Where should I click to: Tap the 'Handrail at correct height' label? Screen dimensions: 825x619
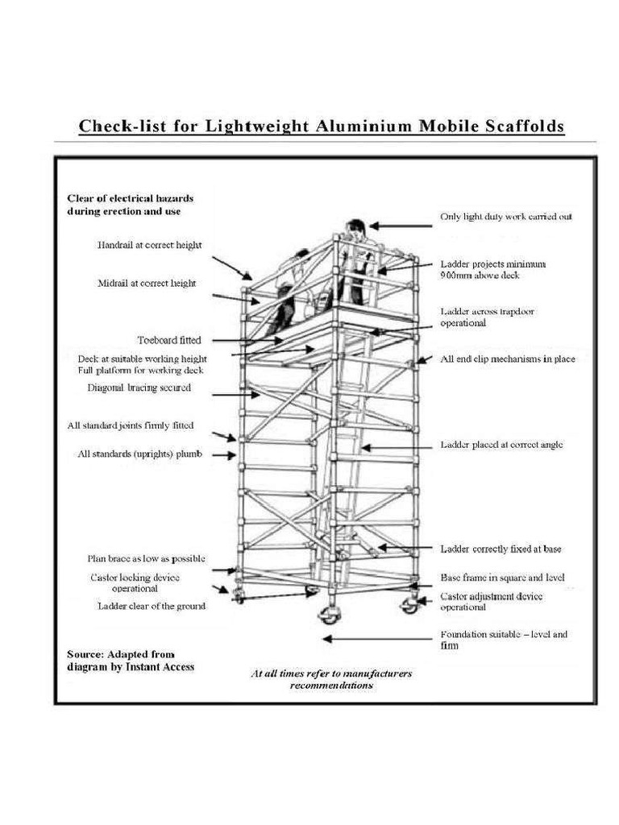click(x=149, y=244)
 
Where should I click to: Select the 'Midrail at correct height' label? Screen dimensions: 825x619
click(x=147, y=284)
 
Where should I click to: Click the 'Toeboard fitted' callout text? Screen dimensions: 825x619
click(x=169, y=340)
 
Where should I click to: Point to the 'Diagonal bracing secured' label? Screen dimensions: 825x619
click(x=139, y=388)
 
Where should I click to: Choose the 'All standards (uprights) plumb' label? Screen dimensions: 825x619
click(x=139, y=454)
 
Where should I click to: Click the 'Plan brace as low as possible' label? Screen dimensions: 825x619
click(x=146, y=558)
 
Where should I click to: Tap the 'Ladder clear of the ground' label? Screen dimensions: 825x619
click(x=151, y=606)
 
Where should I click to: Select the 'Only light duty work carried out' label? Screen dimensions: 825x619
click(x=505, y=218)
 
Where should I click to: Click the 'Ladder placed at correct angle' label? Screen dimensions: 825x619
click(x=501, y=445)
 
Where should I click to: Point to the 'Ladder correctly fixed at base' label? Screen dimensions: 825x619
click(x=501, y=549)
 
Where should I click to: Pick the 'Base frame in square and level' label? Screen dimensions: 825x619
click(x=502, y=578)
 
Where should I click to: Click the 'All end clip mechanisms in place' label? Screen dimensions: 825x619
click(x=507, y=359)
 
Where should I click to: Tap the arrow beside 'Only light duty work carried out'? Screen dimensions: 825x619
click(x=399, y=226)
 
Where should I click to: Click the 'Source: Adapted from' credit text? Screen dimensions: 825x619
click(x=120, y=653)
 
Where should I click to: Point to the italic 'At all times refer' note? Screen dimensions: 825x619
click(x=331, y=673)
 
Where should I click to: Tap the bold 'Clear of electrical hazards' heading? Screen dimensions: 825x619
click(x=129, y=197)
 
